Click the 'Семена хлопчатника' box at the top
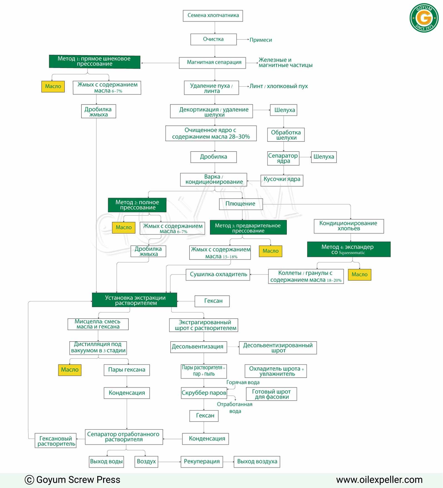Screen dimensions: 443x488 [x=213, y=16]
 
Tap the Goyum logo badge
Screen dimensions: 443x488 [x=424, y=18]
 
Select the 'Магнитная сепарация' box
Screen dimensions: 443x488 [x=213, y=63]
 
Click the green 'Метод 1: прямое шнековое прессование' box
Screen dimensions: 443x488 [x=95, y=61]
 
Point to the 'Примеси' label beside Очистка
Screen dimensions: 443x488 [x=261, y=40]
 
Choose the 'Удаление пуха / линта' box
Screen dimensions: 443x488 [x=211, y=88]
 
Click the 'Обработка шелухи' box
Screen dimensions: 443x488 [x=286, y=135]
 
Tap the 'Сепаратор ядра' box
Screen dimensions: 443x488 [x=283, y=158]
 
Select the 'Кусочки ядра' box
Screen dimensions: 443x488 [x=282, y=180]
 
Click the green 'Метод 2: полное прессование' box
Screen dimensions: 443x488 [x=137, y=205]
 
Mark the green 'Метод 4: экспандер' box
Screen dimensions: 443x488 [x=349, y=249]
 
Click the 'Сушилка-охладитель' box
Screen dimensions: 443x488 [x=218, y=275]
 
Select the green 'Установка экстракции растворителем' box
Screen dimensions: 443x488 [x=135, y=300]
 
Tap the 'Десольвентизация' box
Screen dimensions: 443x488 [x=198, y=347]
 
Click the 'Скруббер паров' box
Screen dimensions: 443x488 [x=204, y=393]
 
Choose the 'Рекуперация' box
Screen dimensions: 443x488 [x=202, y=462]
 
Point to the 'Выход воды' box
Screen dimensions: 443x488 [x=106, y=462]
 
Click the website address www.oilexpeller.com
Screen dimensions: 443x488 [x=379, y=480]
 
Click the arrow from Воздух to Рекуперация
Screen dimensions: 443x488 [x=169, y=462]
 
